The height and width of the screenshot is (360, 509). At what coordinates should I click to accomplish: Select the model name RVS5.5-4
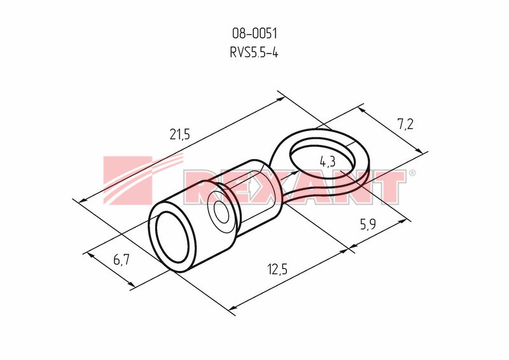point(254,52)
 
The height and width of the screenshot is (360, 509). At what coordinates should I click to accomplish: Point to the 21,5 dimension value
point(179,134)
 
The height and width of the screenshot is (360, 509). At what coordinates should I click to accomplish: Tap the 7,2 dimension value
point(405,124)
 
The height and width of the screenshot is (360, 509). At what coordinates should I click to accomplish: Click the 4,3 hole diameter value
point(327,162)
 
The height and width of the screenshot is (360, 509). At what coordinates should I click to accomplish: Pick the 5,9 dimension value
point(368,224)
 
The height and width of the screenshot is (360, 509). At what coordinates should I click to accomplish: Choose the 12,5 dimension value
point(277,269)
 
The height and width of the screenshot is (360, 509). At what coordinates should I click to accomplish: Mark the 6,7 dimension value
point(122,260)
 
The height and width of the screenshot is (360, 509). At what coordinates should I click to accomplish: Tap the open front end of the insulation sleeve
point(172,237)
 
